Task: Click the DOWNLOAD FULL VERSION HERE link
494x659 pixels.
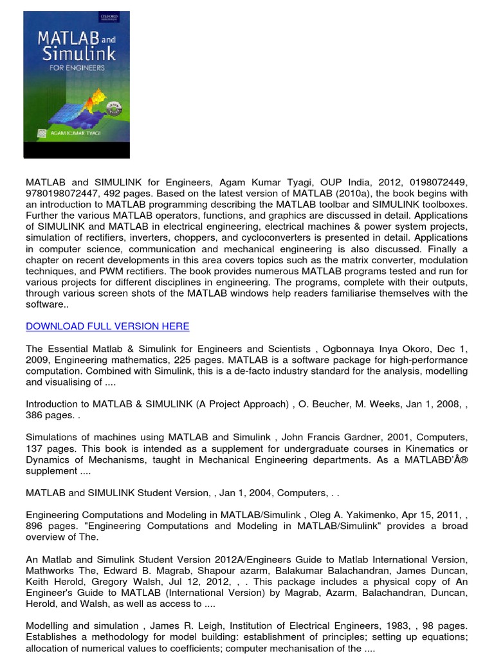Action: (x=107, y=326)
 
